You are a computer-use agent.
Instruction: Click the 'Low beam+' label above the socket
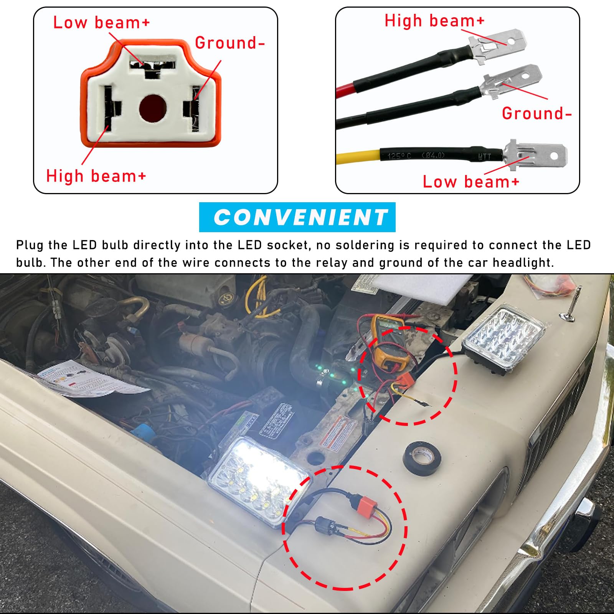coord(101,23)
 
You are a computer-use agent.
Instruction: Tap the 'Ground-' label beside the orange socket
coord(229,43)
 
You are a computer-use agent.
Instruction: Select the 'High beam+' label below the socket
coord(96,176)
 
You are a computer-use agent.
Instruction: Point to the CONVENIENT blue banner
coord(297,217)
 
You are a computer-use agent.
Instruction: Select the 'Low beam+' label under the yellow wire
coord(470,182)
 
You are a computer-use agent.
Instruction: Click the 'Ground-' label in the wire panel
coord(536,113)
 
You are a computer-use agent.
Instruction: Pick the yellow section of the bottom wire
coord(357,157)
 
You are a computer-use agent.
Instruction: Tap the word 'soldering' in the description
coord(355,245)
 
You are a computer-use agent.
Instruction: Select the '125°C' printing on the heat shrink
coord(399,155)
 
